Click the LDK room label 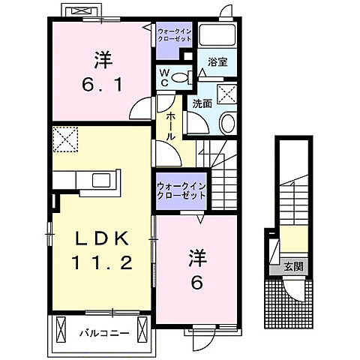103,238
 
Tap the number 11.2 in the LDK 102,262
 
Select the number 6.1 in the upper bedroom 103,85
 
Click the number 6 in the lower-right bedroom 197,283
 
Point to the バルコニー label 104,333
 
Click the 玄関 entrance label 293,267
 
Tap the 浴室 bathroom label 217,62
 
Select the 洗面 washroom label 202,103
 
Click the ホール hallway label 171,126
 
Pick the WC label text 164,78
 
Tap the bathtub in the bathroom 217,34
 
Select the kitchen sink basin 101,180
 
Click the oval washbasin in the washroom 228,123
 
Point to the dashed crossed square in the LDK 65,139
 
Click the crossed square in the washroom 226,94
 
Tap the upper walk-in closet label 175,35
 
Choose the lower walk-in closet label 181,191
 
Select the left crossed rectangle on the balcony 61,330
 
